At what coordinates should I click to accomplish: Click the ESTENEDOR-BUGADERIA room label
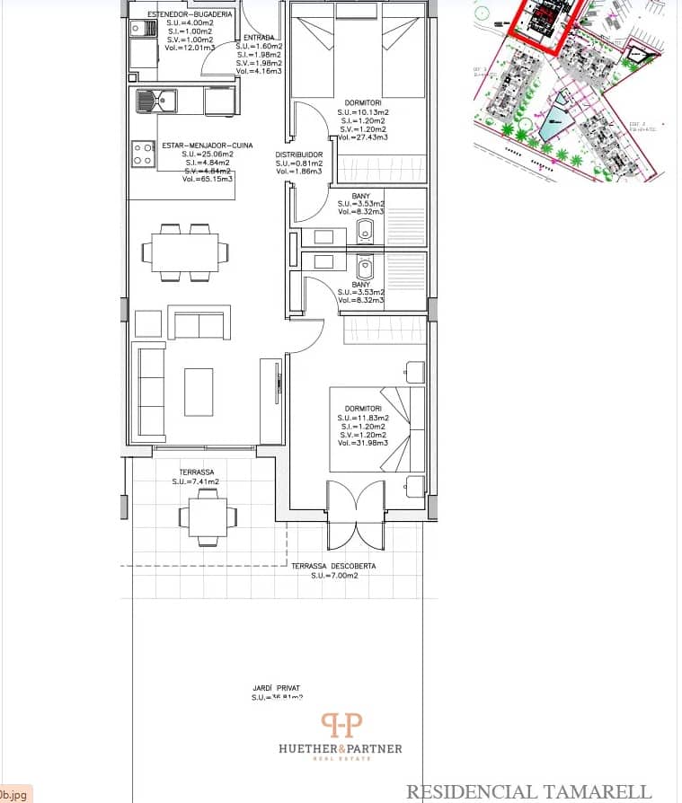190,15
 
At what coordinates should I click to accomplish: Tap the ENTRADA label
259,37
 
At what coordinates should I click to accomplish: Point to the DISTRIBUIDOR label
298,154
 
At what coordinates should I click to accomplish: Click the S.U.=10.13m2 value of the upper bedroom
366,112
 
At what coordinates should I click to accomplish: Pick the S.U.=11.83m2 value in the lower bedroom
363,419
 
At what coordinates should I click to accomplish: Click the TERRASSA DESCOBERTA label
333,567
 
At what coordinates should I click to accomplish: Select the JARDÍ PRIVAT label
276,688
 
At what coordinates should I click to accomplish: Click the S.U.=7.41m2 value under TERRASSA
197,481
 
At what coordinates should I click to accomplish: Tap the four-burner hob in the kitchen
142,154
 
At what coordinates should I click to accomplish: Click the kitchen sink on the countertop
157,101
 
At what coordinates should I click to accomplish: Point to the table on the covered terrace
208,516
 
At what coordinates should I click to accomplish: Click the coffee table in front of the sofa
199,393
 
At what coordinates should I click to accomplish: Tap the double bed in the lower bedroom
377,429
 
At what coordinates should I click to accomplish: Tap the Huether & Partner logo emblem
342,725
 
